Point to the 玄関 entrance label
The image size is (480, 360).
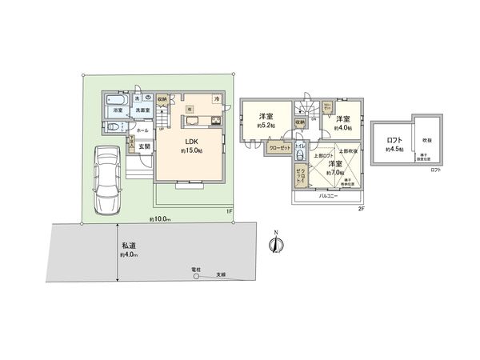(x=145, y=146)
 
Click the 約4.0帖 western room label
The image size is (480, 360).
(x=345, y=122)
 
